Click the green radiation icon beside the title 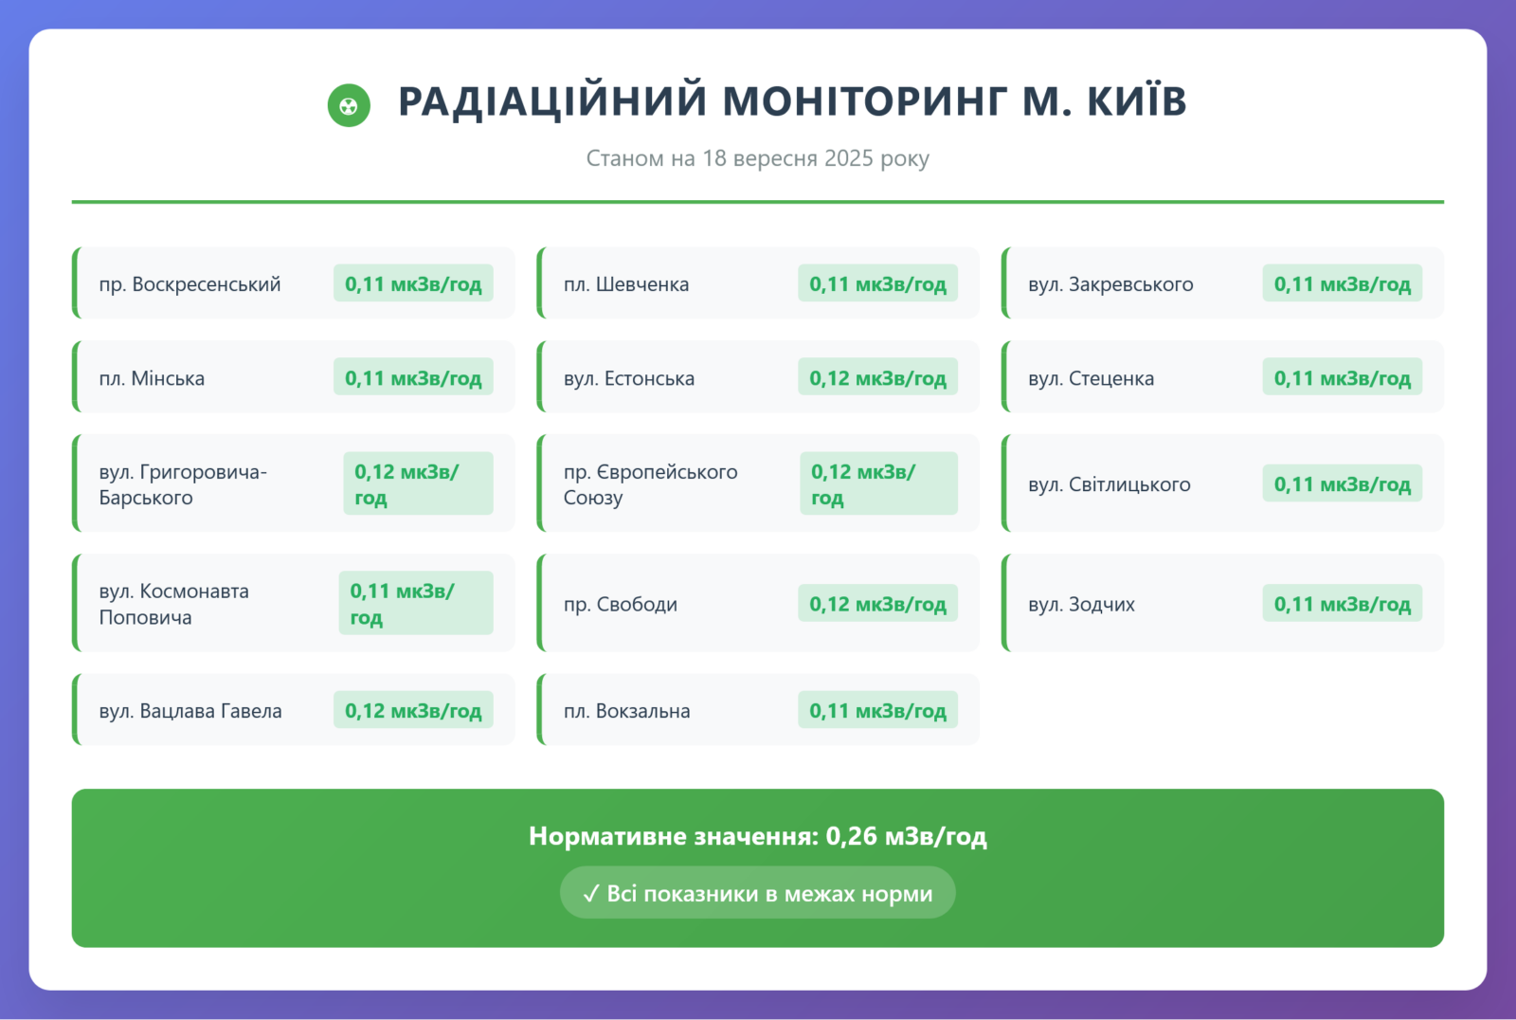click(349, 105)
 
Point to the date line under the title click(757, 157)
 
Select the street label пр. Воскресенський click(189, 283)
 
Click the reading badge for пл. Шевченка click(877, 283)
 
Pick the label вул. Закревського click(1110, 283)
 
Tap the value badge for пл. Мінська click(413, 376)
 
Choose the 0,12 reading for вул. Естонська click(877, 376)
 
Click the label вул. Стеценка click(1091, 378)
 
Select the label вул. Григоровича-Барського click(183, 484)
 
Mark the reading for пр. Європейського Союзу click(878, 483)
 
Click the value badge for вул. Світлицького click(1342, 483)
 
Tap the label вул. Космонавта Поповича click(174, 604)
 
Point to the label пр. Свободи click(621, 604)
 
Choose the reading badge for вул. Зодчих click(1342, 603)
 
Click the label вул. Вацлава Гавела click(190, 710)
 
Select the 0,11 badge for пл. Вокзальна click(877, 710)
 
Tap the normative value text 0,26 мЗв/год click(906, 836)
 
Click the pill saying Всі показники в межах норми click(757, 893)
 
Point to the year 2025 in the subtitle click(849, 157)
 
